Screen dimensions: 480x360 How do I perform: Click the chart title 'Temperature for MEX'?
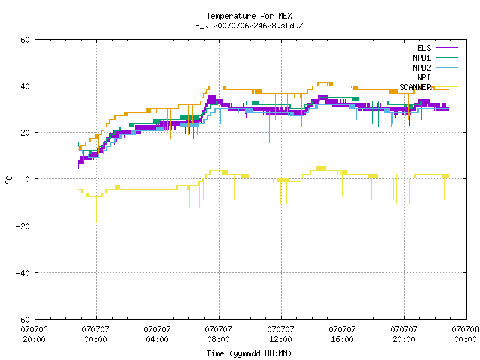coord(249,16)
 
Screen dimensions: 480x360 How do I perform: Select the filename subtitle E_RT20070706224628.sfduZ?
coord(249,25)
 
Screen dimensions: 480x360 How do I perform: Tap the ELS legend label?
coord(424,48)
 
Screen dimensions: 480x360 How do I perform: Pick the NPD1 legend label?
coord(421,58)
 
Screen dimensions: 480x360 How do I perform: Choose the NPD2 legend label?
coord(421,67)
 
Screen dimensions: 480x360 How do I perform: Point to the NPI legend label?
coord(424,77)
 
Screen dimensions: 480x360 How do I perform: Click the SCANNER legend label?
coord(415,87)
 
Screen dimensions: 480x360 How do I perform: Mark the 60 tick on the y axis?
coord(25,40)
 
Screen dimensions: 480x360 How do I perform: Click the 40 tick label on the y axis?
coord(25,86)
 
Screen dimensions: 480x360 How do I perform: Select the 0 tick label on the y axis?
coord(28,179)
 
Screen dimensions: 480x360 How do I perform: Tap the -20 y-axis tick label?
coord(23,226)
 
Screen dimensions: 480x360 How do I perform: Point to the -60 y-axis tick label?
coord(23,319)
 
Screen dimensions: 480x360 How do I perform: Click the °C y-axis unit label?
coord(8,180)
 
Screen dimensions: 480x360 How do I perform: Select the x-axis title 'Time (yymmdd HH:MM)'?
coord(249,353)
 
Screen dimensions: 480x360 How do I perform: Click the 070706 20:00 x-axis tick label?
coord(34,334)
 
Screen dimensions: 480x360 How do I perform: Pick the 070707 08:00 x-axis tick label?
coord(218,334)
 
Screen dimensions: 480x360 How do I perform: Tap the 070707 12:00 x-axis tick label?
coord(280,334)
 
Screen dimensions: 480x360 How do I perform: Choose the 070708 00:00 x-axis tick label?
coord(465,334)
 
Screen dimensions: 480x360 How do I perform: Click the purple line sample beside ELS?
coord(446,48)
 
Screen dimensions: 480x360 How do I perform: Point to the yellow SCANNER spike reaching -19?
coord(96,210)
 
